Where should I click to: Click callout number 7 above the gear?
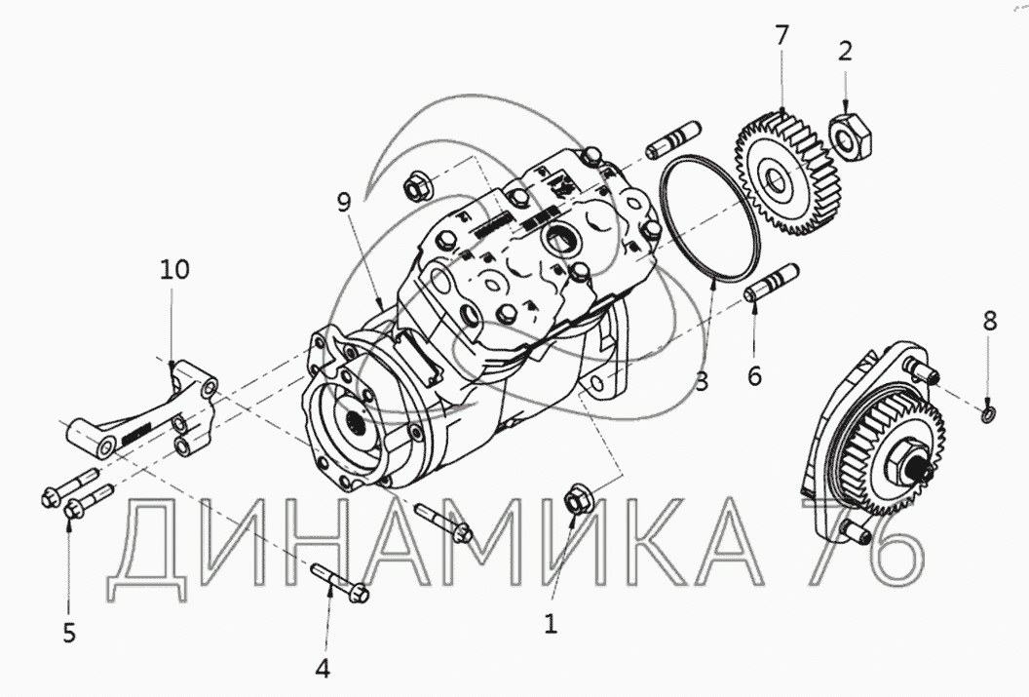pyautogui.click(x=781, y=35)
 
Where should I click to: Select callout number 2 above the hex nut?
pyautogui.click(x=845, y=51)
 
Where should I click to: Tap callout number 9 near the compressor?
pyautogui.click(x=344, y=202)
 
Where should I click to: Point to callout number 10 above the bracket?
pyautogui.click(x=174, y=269)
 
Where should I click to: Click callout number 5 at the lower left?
pyautogui.click(x=69, y=633)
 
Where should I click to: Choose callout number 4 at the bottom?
pyautogui.click(x=323, y=668)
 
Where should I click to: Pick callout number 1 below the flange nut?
pyautogui.click(x=552, y=624)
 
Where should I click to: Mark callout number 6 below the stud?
pyautogui.click(x=754, y=375)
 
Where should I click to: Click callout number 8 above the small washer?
pyautogui.click(x=990, y=321)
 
